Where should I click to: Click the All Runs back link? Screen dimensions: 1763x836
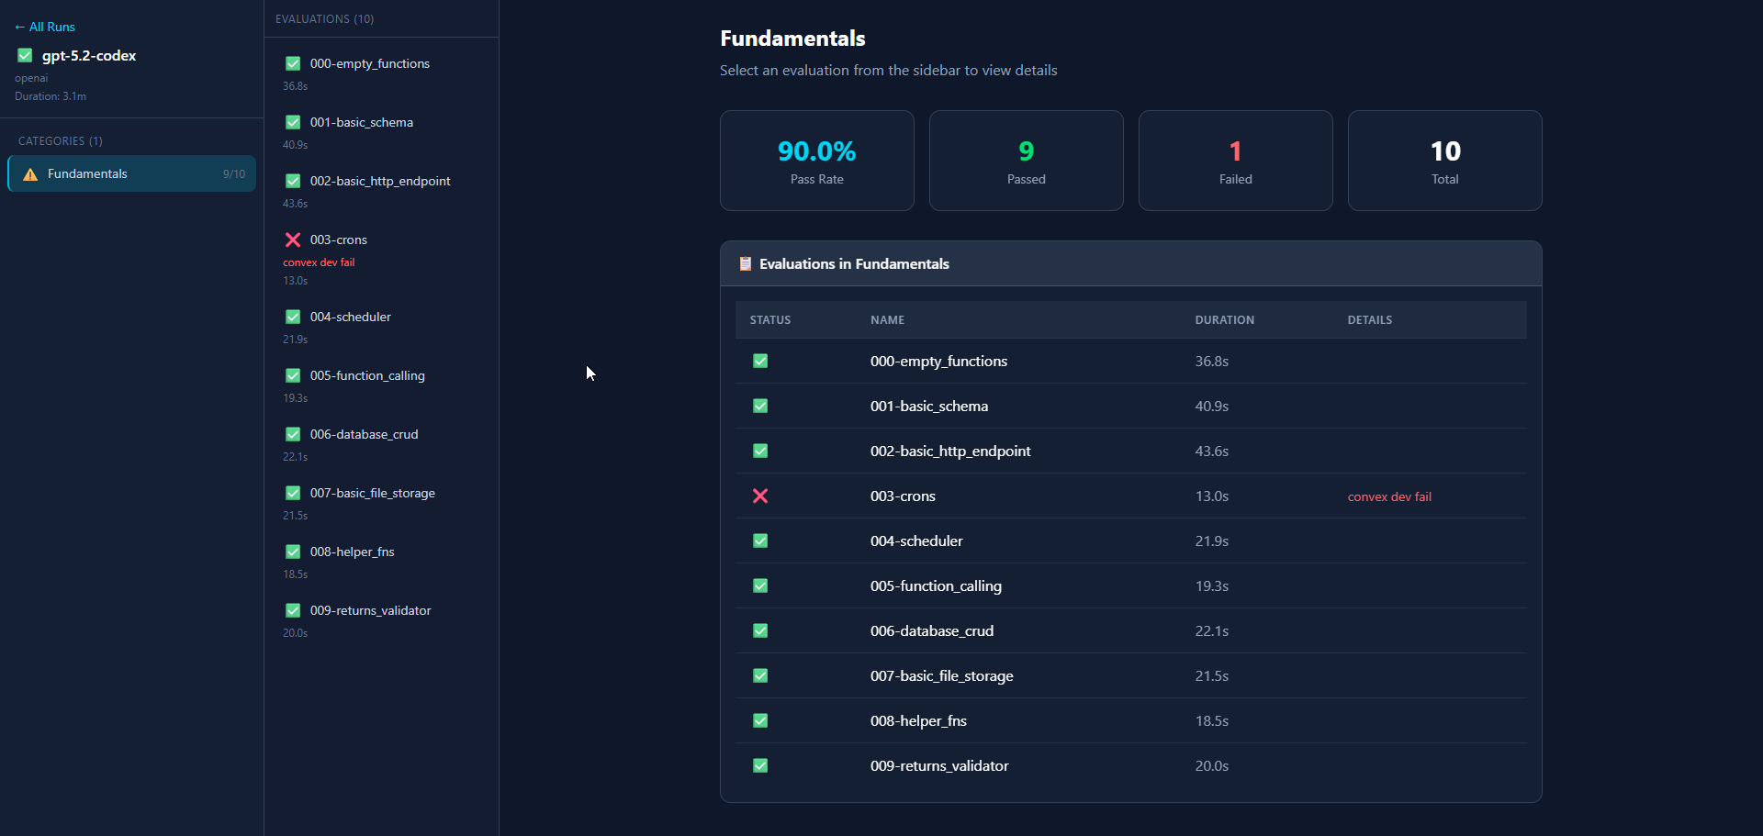click(x=45, y=27)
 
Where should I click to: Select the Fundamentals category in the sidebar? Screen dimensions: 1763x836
click(x=87, y=173)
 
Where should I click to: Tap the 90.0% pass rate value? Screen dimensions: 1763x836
click(x=817, y=150)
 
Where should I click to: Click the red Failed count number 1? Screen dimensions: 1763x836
click(x=1235, y=150)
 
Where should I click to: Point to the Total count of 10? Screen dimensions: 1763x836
click(x=1445, y=150)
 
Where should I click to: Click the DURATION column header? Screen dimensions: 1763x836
click(x=1224, y=320)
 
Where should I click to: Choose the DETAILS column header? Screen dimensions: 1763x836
click(x=1369, y=320)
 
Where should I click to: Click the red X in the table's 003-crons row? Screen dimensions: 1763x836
click(x=760, y=496)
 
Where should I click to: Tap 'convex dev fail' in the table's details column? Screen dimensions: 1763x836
click(x=1389, y=496)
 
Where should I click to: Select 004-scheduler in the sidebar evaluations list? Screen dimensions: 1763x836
click(x=350, y=317)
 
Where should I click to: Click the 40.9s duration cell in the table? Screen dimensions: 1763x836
click(x=1211, y=407)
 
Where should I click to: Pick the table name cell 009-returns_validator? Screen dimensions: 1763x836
click(x=939, y=766)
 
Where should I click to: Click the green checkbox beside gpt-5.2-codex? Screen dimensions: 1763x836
click(x=25, y=55)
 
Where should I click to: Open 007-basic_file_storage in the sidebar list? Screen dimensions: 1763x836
click(x=372, y=493)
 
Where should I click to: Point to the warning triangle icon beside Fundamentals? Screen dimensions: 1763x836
click(x=30, y=174)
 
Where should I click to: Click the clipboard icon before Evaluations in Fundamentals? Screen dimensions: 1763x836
click(x=746, y=263)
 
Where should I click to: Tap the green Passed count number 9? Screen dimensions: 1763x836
click(x=1027, y=150)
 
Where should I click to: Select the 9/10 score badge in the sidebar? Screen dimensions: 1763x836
click(x=234, y=174)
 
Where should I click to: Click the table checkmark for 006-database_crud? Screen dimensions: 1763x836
click(x=760, y=630)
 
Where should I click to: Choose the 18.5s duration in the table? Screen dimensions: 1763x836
click(x=1211, y=721)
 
